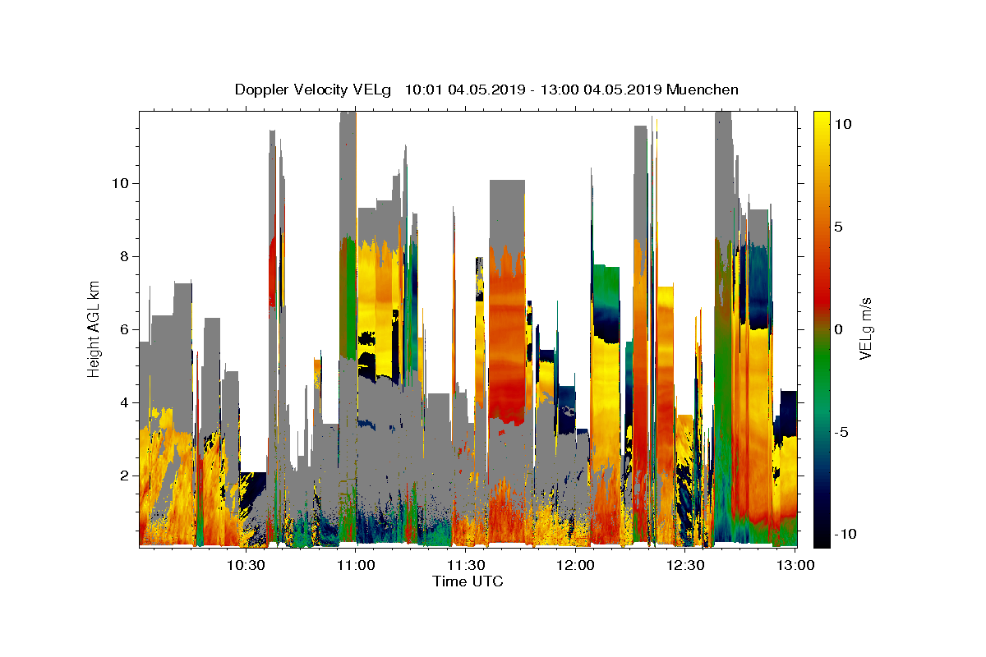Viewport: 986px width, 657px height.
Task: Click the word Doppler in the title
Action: (260, 90)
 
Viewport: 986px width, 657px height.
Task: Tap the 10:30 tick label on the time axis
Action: (245, 565)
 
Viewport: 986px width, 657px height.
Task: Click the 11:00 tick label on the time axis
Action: (355, 565)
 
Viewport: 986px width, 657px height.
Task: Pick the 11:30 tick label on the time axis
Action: (465, 565)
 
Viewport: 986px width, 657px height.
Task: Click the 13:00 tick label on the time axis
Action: (795, 565)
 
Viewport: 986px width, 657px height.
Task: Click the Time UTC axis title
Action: (468, 581)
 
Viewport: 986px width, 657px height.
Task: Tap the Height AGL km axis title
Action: (94, 328)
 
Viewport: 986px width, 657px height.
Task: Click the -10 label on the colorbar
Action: (844, 534)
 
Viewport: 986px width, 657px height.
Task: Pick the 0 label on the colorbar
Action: (837, 329)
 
